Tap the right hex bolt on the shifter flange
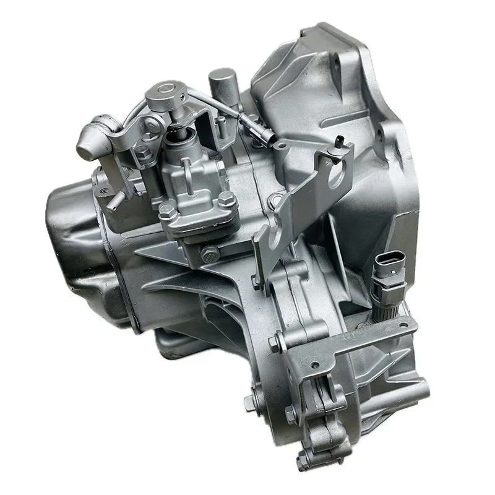tap(226, 199)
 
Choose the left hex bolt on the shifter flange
tap(166, 210)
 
